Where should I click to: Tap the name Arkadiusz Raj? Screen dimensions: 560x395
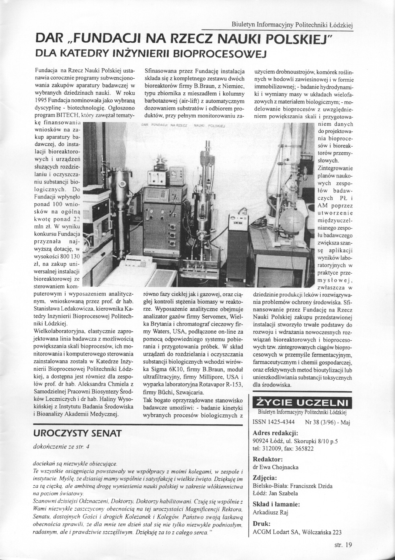[272, 513]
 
